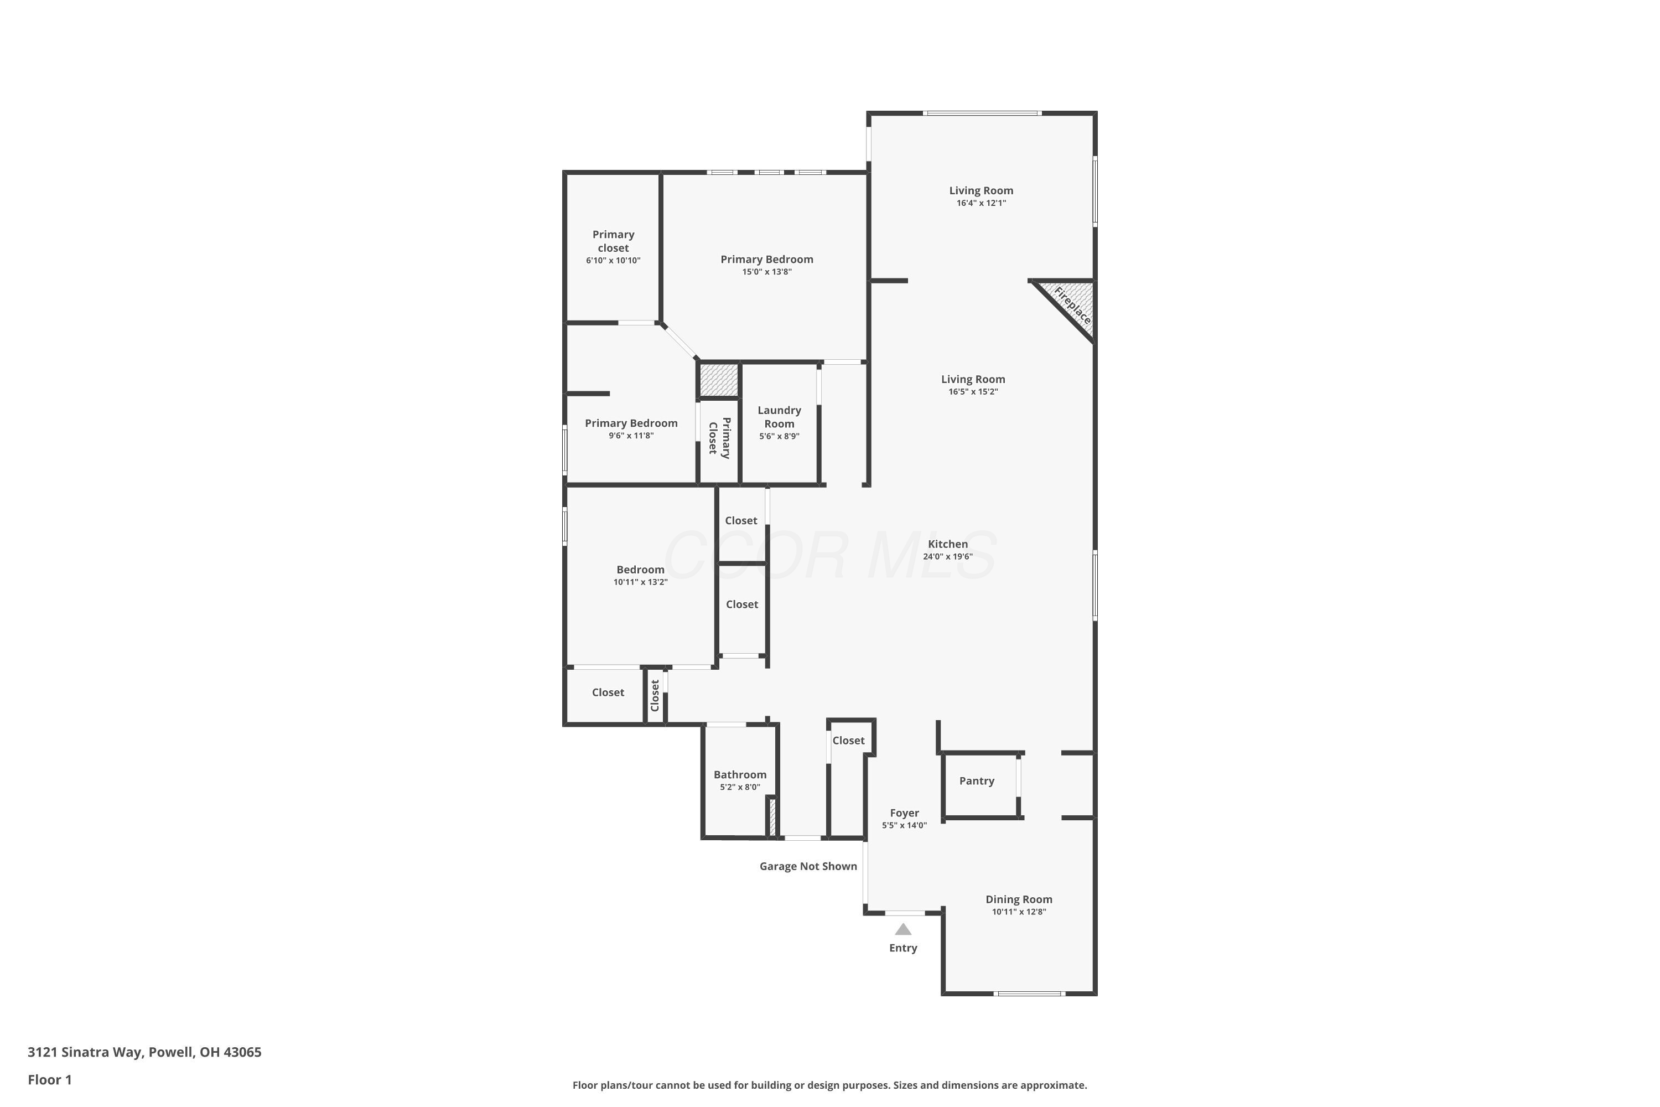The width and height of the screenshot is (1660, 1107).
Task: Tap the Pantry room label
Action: click(977, 781)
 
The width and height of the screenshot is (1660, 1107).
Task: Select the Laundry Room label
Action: click(779, 417)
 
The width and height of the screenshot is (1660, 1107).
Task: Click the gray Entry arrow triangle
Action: click(904, 929)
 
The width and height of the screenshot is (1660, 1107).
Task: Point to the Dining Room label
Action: click(1019, 899)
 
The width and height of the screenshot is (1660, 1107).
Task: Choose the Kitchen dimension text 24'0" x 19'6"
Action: click(948, 556)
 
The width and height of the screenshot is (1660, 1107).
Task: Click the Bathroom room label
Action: click(740, 774)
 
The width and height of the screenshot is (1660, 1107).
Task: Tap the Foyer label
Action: click(904, 813)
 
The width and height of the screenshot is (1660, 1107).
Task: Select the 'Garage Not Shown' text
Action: click(808, 866)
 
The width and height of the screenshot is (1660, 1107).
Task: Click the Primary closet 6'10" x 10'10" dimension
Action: click(613, 261)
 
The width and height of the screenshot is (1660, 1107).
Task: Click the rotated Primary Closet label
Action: click(719, 438)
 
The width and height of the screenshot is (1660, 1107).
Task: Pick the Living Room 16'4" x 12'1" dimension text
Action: click(981, 203)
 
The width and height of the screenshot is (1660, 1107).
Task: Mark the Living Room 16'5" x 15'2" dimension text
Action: click(973, 392)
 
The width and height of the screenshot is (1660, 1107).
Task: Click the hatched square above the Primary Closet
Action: click(718, 380)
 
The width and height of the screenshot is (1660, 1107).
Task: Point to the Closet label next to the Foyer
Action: click(848, 741)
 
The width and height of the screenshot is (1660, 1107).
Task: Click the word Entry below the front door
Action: click(904, 948)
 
